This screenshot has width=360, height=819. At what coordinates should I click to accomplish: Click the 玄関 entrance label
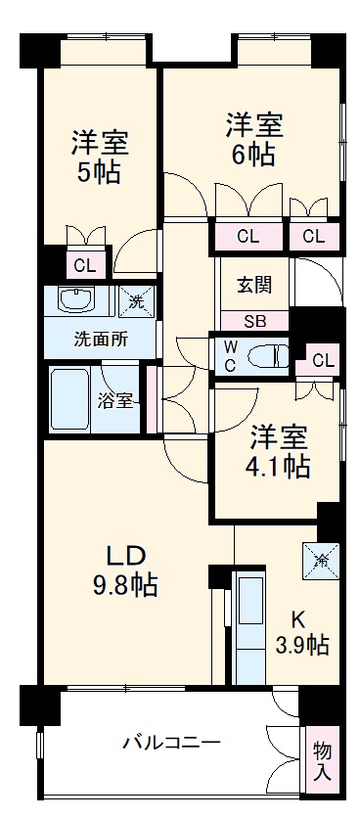click(x=253, y=285)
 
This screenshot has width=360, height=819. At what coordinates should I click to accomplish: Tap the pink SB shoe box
click(x=253, y=321)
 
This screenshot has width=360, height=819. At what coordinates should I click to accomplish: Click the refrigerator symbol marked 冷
click(x=322, y=559)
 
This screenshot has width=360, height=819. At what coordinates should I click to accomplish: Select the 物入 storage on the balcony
click(x=322, y=759)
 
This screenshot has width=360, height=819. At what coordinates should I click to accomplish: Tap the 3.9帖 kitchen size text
click(x=300, y=645)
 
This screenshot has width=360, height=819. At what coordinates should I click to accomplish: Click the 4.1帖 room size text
click(x=278, y=466)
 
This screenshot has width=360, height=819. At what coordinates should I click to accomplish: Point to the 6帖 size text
click(x=255, y=155)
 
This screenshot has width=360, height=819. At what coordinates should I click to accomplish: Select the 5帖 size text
click(x=98, y=173)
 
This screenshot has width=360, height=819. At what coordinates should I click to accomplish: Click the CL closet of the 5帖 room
click(x=84, y=264)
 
